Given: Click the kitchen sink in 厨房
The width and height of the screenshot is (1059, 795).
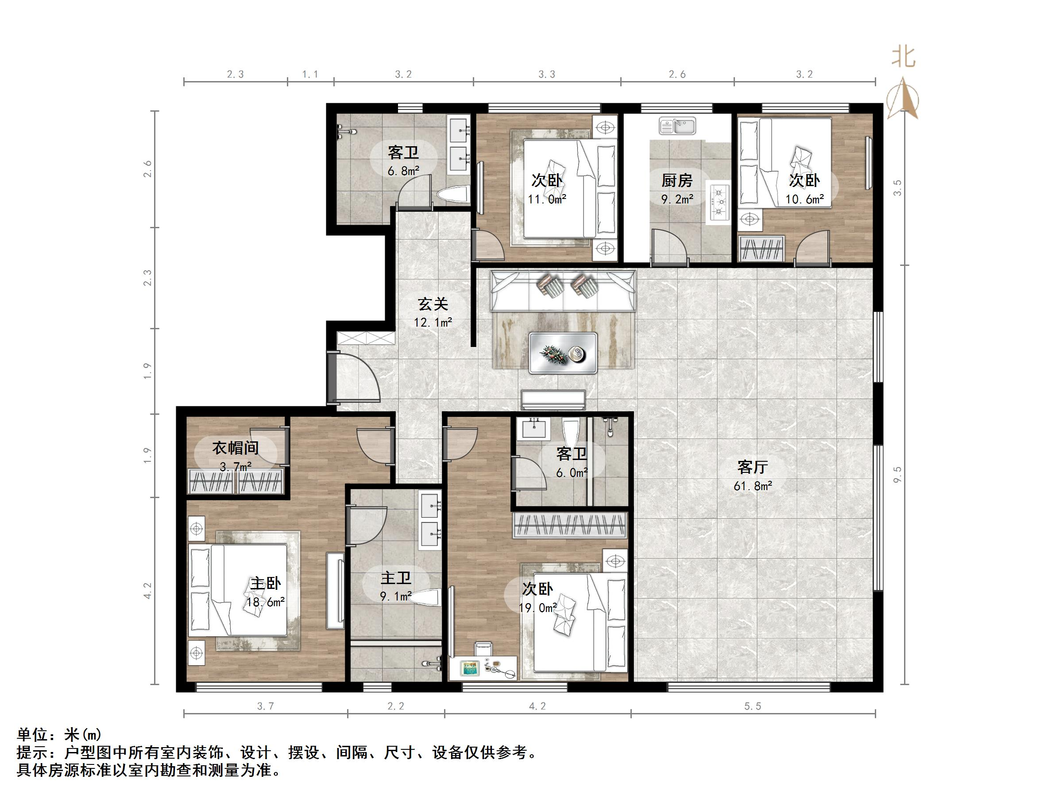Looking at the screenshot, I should click(677, 126).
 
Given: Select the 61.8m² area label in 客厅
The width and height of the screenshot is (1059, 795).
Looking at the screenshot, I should click(753, 487).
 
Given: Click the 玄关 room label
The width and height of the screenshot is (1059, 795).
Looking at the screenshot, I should click(433, 304).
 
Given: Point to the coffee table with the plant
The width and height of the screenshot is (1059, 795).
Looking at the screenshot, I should click(563, 353).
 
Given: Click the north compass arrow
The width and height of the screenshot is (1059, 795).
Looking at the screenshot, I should click(903, 98).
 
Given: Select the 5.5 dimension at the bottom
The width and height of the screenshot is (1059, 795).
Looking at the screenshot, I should click(753, 706).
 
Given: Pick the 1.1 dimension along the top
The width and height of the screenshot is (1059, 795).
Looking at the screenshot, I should click(310, 74).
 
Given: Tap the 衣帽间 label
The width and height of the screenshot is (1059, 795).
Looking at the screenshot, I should click(236, 448).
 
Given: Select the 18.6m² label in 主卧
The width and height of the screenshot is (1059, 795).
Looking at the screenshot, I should click(266, 602).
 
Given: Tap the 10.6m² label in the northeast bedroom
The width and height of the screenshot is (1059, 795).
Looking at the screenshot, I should click(804, 199).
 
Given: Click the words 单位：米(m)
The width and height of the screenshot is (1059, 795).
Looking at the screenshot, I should click(59, 735).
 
